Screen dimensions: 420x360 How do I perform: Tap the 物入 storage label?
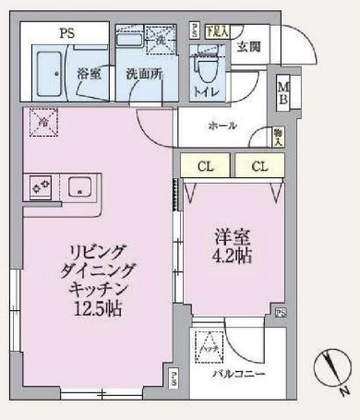pyautogui.click(x=278, y=138)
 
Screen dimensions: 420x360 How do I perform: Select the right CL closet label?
pyautogui.click(x=258, y=166)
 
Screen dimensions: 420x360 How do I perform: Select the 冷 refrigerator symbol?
pyautogui.click(x=42, y=120)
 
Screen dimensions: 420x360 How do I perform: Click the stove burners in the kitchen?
pyautogui.click(x=41, y=186)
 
